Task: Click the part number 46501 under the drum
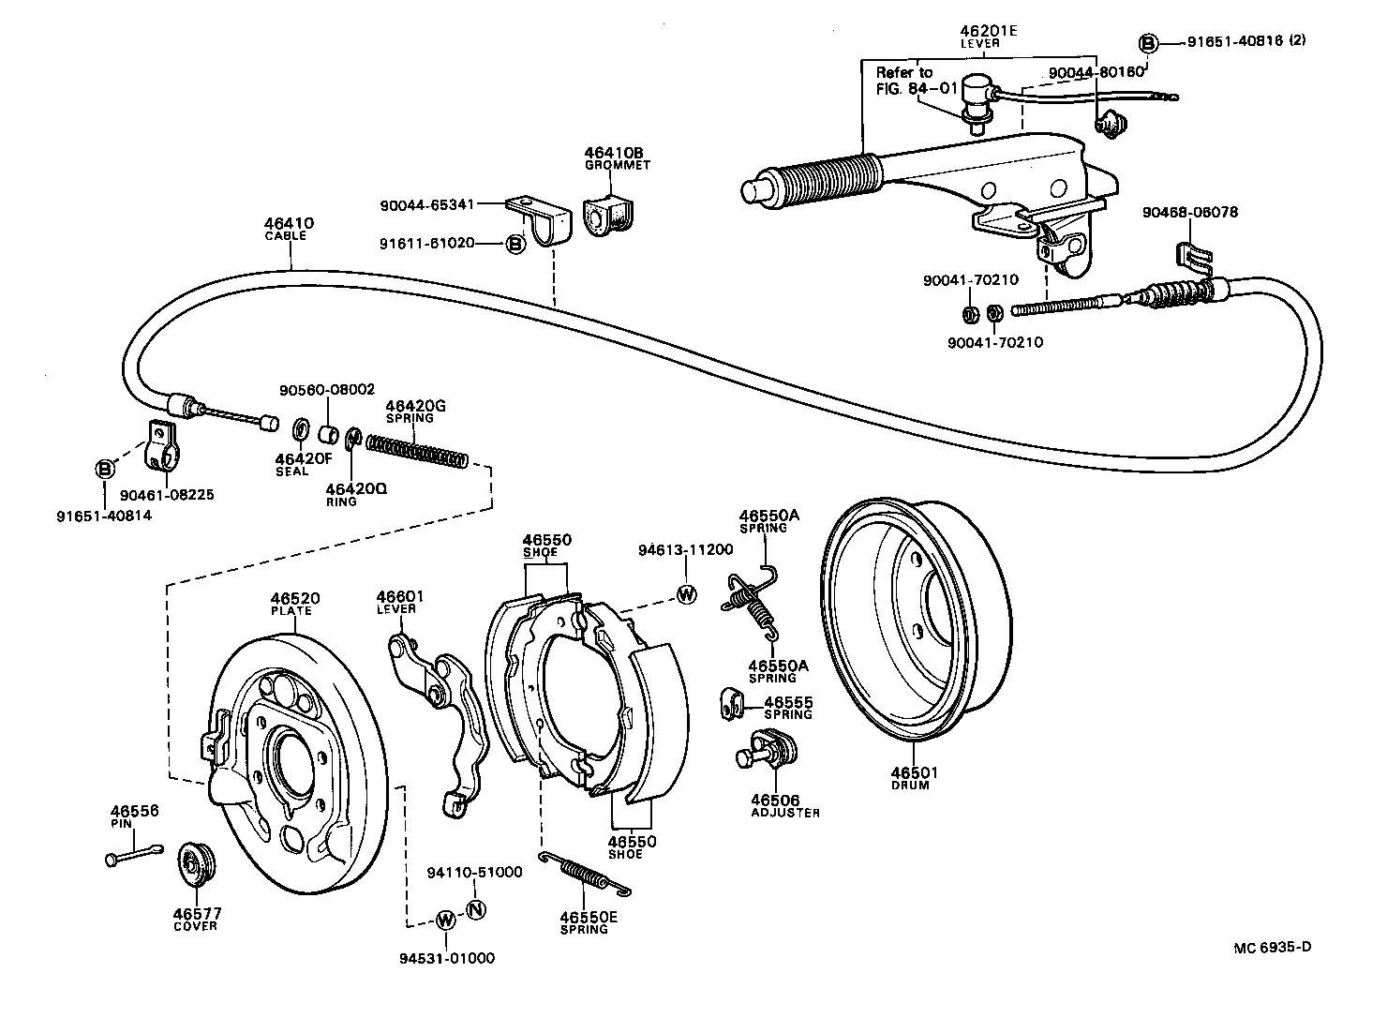pos(914,772)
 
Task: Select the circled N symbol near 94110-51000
pos(475,908)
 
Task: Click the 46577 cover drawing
pos(196,864)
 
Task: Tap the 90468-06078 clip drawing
pos(1188,256)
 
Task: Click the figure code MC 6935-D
pos(1272,947)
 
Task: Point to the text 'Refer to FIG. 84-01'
pos(903,81)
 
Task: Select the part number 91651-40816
pos(1234,42)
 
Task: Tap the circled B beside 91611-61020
pos(515,244)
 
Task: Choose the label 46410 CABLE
pos(289,229)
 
